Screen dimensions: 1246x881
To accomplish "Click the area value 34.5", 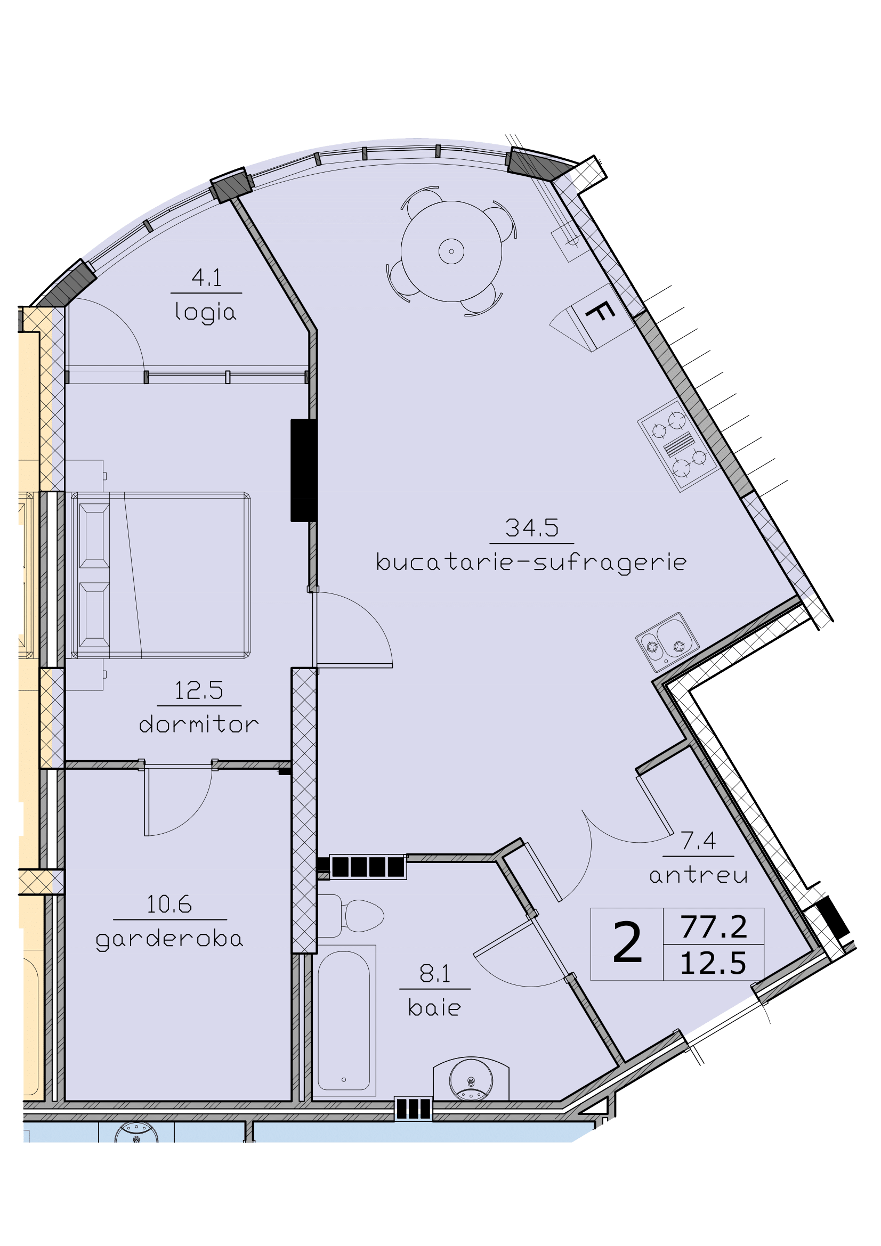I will point(531,528).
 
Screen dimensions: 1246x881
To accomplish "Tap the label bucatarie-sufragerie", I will point(531,563).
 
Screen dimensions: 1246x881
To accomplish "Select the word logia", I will point(206,313).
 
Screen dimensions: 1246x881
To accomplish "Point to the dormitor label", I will point(199,725).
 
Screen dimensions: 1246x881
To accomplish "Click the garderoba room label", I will point(169,940).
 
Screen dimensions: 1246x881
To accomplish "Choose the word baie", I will point(434,1008).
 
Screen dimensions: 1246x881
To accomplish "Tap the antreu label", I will point(698,875).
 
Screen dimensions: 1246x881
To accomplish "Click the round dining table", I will point(451,251).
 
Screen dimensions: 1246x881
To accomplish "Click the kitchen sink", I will point(667,642).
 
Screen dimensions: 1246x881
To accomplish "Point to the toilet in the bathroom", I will point(358,916).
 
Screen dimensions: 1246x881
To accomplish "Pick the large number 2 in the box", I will point(627,945).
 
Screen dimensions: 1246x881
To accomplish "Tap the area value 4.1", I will point(206,279).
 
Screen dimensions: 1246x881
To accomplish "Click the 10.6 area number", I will point(169,905).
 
